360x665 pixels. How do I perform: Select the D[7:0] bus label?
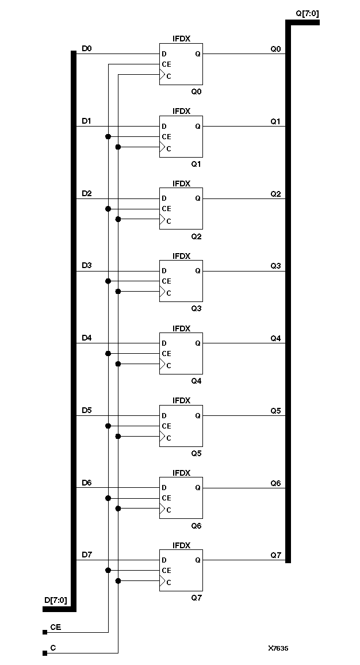(x=55, y=600)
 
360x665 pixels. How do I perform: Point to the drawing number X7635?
(x=278, y=648)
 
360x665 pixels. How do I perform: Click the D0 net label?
(x=86, y=49)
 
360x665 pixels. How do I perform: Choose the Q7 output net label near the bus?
(x=275, y=555)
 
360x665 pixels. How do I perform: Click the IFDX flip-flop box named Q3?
(x=181, y=281)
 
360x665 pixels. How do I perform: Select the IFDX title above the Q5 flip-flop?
(x=181, y=400)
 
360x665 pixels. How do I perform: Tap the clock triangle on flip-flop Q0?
(x=163, y=75)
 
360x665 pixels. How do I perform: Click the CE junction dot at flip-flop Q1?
(x=108, y=136)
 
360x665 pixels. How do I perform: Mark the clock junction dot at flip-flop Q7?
(x=118, y=581)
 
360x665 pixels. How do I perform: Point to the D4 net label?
(x=86, y=338)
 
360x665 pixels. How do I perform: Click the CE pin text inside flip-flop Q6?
(x=166, y=498)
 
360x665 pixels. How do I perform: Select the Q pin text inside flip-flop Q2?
(x=197, y=198)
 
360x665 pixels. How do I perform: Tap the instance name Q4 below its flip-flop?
(x=196, y=381)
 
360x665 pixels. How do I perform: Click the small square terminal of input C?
(x=45, y=653)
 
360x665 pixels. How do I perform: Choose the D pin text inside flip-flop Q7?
(x=164, y=560)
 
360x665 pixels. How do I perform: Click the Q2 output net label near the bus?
(x=275, y=194)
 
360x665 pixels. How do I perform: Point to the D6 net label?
(x=86, y=483)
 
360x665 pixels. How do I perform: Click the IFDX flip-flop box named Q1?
(x=181, y=136)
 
